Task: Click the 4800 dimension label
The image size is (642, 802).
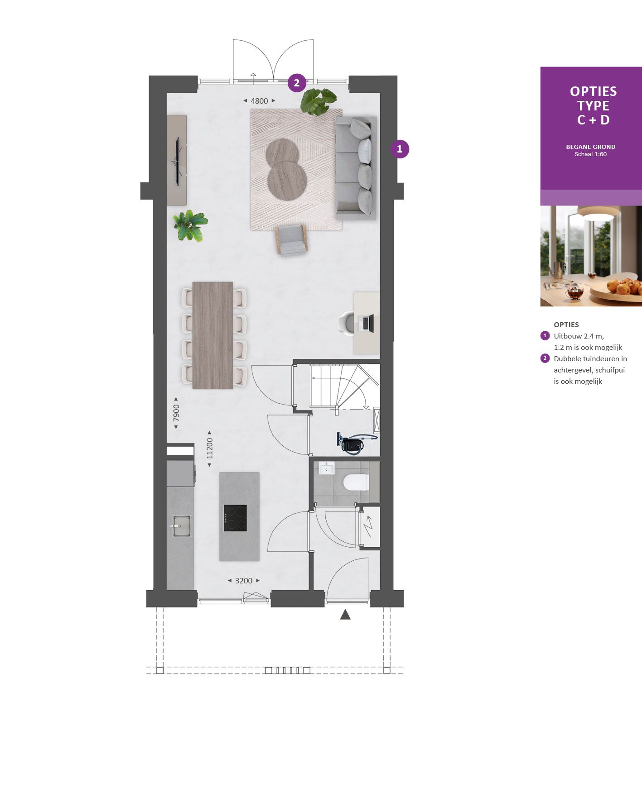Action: pyautogui.click(x=259, y=101)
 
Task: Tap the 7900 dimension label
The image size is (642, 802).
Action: pyautogui.click(x=176, y=412)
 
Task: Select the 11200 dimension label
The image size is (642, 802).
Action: pyautogui.click(x=209, y=448)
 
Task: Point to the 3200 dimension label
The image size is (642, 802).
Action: pyautogui.click(x=244, y=581)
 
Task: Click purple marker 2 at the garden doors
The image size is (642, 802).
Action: pyautogui.click(x=297, y=83)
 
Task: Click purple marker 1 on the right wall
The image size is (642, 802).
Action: pyautogui.click(x=399, y=149)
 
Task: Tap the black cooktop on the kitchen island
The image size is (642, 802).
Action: pyautogui.click(x=235, y=518)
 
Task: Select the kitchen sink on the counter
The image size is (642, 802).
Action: pyautogui.click(x=181, y=525)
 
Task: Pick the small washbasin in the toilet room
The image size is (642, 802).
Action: pyautogui.click(x=326, y=468)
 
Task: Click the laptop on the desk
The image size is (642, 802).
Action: pyautogui.click(x=367, y=323)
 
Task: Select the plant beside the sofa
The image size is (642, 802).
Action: pyautogui.click(x=319, y=100)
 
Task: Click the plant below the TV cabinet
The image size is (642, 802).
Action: pyautogui.click(x=190, y=225)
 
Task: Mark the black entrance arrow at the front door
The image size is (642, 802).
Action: pyautogui.click(x=345, y=614)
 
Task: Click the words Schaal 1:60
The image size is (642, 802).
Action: pyautogui.click(x=590, y=154)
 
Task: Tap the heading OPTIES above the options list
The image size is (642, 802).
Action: pyautogui.click(x=566, y=325)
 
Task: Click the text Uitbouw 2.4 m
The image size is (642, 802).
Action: pyautogui.click(x=579, y=336)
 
